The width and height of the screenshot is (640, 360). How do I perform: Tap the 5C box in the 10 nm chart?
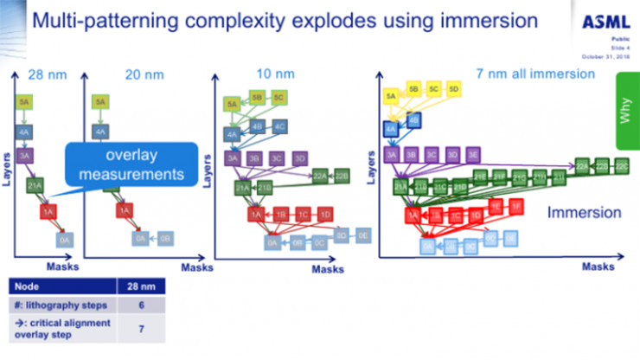tap(278, 98)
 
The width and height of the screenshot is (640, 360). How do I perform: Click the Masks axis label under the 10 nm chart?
tap(327, 269)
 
